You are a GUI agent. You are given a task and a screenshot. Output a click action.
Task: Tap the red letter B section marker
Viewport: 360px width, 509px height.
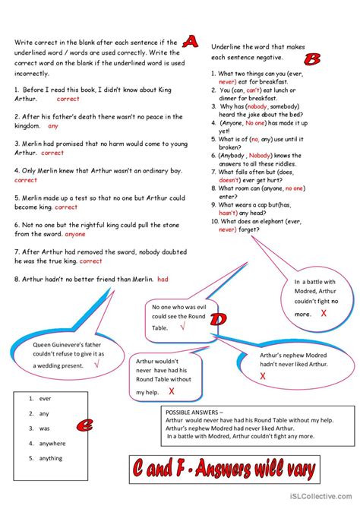point(311,59)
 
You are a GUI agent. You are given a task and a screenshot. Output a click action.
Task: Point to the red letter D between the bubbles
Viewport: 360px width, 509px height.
point(218,320)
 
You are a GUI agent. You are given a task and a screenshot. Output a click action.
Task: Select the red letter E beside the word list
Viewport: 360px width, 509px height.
point(87,425)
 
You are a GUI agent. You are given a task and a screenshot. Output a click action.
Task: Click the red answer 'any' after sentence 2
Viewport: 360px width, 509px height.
point(53,126)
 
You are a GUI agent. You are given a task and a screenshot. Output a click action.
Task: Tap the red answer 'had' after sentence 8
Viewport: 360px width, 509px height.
point(163,279)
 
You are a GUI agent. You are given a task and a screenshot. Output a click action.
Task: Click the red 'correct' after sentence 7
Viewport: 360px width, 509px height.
point(90,261)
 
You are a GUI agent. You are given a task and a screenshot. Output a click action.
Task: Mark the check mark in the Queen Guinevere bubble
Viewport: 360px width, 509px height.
point(96,364)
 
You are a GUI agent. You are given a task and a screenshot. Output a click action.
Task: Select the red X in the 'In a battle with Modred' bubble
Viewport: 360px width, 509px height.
point(324,313)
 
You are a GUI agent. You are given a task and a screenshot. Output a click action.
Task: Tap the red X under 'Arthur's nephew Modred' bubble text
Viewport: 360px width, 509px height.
point(263,375)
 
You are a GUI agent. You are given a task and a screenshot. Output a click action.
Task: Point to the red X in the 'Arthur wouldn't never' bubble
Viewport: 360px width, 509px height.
point(172,391)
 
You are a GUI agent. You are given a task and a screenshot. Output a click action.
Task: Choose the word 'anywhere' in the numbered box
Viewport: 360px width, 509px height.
point(53,443)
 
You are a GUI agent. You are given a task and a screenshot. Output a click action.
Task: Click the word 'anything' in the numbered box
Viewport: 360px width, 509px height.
point(51,458)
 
